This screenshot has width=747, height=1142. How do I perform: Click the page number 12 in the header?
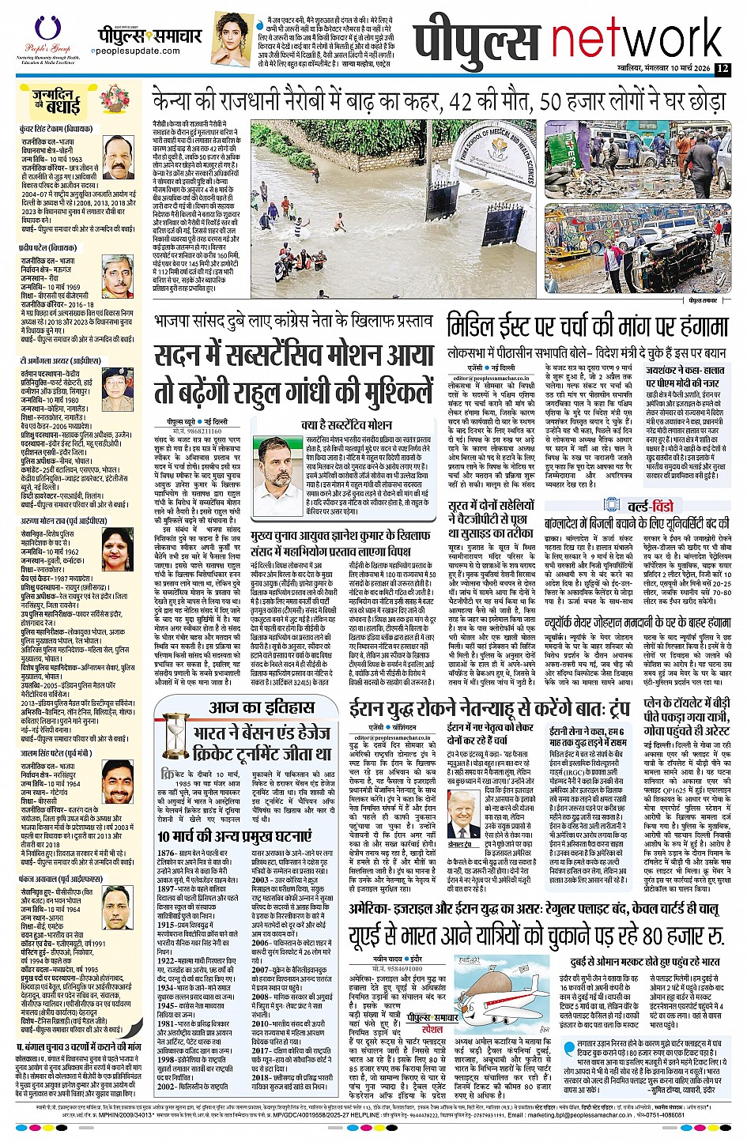tap(722, 69)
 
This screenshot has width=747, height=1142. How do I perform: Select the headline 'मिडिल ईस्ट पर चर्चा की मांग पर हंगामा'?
tap(587, 326)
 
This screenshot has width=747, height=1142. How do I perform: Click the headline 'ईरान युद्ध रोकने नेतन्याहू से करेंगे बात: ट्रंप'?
tap(506, 706)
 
